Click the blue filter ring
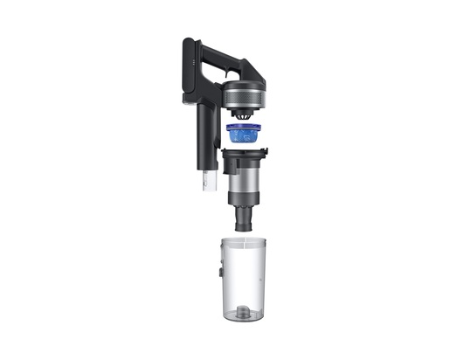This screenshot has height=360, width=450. point(246,135)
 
